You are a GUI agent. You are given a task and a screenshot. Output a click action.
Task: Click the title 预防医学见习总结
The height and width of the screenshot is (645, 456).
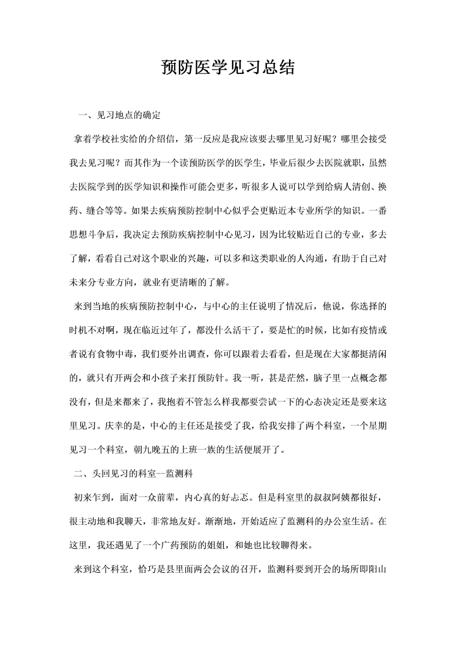228,68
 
